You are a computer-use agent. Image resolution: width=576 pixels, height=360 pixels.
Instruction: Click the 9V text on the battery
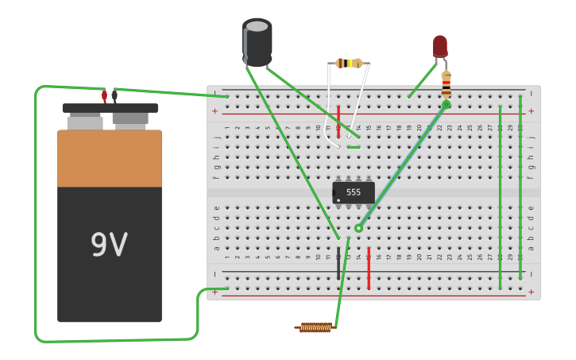pos(109,246)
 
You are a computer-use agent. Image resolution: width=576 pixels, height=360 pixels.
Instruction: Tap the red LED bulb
pos(440,46)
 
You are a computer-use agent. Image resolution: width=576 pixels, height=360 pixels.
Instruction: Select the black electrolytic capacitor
pos(257,42)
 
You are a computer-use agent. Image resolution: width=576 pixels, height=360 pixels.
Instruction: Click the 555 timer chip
pos(354,192)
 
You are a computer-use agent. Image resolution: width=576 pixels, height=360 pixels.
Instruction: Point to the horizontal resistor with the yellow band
pos(350,63)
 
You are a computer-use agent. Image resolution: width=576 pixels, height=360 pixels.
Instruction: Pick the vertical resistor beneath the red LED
pos(446,84)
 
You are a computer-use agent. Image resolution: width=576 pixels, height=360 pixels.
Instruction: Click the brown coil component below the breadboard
pos(315,327)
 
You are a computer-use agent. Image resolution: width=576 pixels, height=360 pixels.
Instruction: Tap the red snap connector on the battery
pos(104,96)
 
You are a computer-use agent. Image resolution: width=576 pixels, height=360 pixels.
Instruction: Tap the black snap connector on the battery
pos(114,96)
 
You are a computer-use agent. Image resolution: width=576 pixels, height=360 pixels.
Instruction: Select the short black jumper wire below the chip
pos(338,263)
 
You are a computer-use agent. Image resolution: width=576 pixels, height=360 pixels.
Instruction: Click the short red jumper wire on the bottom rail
pos(369,268)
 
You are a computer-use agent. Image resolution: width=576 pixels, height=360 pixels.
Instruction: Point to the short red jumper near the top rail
pos(338,122)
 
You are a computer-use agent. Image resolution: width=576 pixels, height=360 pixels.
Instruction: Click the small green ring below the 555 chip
pos(358,228)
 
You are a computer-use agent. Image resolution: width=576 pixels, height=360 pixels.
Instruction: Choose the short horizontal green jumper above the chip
pos(354,147)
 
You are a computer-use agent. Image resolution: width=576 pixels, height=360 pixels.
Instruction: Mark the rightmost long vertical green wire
pos(520,188)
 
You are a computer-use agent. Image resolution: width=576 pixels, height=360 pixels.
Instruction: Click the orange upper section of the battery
pos(110,158)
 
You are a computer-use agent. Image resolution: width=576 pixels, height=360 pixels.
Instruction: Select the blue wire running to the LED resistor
pos(401,167)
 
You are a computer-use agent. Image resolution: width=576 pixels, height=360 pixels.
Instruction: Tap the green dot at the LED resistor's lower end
pos(446,104)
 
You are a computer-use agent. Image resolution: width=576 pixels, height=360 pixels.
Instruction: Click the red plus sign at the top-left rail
pos(215,111)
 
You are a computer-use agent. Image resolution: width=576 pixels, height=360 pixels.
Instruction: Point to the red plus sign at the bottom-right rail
pos(531,292)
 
